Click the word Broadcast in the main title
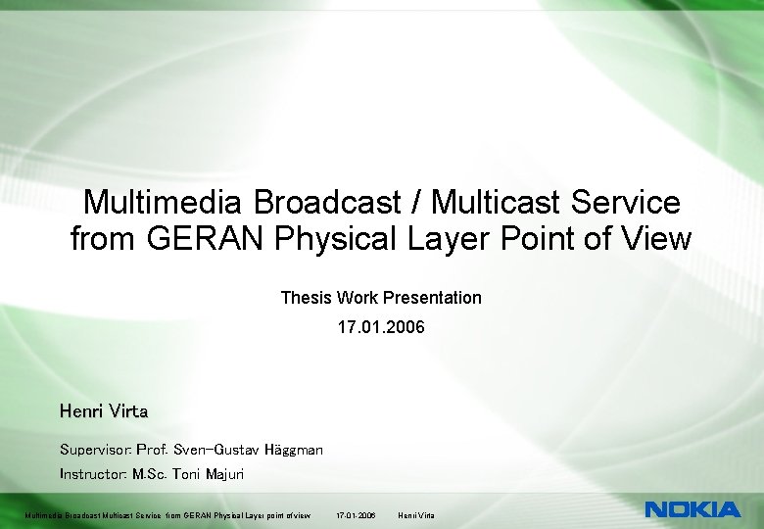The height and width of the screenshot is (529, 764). [328, 203]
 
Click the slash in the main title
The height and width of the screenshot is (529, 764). [417, 203]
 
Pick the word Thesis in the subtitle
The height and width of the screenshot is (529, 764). [306, 297]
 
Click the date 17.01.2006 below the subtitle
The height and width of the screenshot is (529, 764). [381, 326]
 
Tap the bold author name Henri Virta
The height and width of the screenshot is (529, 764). [104, 410]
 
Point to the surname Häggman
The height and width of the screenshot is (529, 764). [293, 450]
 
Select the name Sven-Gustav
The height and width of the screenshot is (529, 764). [213, 450]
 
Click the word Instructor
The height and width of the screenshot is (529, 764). [92, 474]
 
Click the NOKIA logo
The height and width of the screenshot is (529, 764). [692, 509]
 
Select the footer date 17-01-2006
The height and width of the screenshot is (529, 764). [356, 515]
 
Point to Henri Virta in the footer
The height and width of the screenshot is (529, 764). [416, 515]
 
